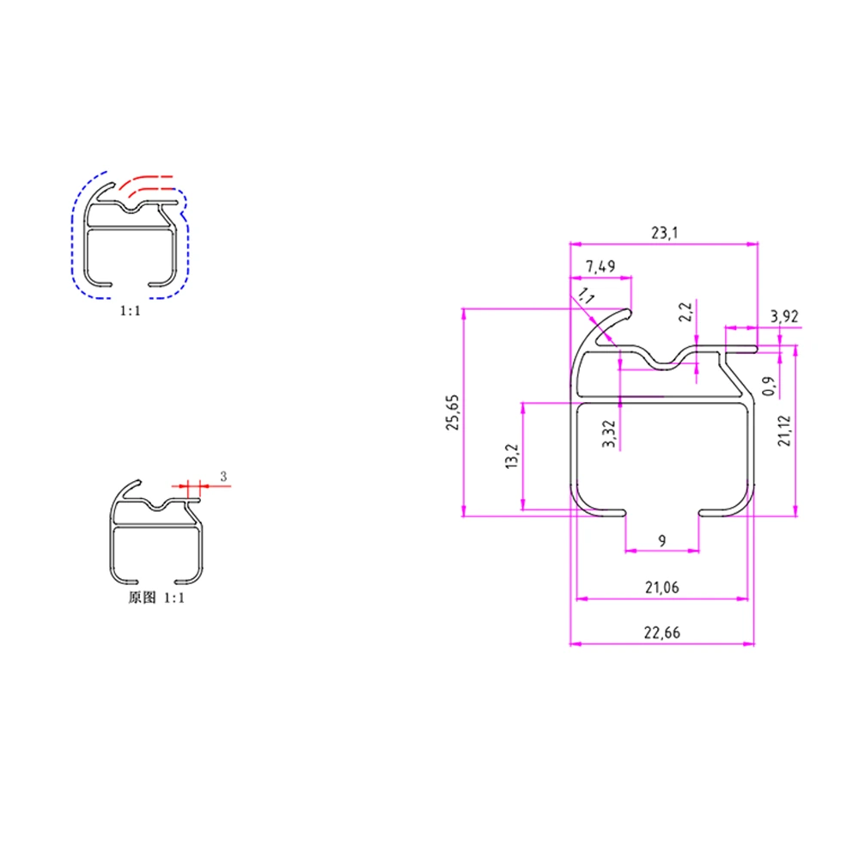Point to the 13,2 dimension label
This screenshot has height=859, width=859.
[x=512, y=456]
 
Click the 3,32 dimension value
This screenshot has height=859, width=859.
[x=609, y=434]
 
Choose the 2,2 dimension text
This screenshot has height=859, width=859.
[x=685, y=312]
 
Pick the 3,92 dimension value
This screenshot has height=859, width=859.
[x=784, y=316]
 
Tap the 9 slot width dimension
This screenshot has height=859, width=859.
[x=661, y=540]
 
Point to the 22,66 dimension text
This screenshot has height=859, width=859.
[x=661, y=633]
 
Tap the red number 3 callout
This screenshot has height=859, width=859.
[x=223, y=476]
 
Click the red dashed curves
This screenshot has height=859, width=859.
[x=146, y=182]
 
